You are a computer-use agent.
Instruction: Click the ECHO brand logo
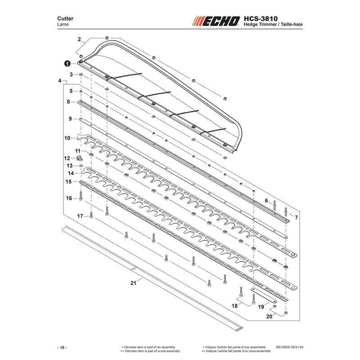pyautogui.click(x=216, y=21)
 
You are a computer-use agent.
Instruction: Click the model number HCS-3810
pyautogui.click(x=261, y=18)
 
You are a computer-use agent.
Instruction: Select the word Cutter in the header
pyautogui.click(x=65, y=18)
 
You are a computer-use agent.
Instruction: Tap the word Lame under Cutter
pyautogui.click(x=63, y=24)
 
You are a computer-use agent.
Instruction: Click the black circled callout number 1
pyautogui.click(x=67, y=63)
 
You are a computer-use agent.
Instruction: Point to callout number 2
pyautogui.click(x=79, y=39)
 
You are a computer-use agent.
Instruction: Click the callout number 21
pyautogui.click(x=133, y=283)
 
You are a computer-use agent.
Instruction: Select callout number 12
pyautogui.click(x=67, y=158)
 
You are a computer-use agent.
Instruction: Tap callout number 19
pyautogui.click(x=261, y=307)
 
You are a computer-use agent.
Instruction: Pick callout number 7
pyautogui.click(x=297, y=217)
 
